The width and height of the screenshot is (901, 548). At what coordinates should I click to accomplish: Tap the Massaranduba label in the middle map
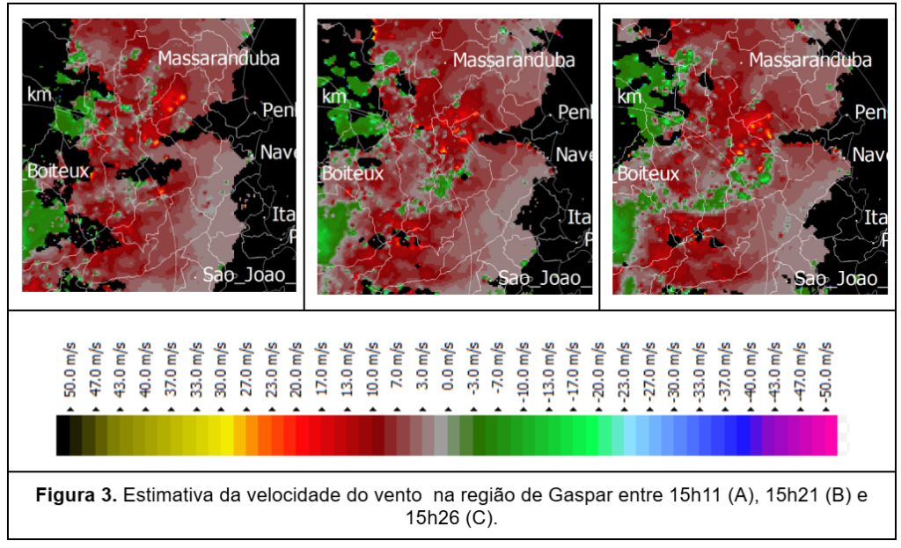pyautogui.click(x=514, y=61)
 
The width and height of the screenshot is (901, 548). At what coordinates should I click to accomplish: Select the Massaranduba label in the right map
pyautogui.click(x=810, y=61)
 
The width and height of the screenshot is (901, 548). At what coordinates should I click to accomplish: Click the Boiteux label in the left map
pyautogui.click(x=58, y=172)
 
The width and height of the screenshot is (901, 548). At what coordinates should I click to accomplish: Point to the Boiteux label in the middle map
pyautogui.click(x=353, y=173)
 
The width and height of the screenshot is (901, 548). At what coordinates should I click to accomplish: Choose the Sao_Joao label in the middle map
pyautogui.click(x=539, y=279)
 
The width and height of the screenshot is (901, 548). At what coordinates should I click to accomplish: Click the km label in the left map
pyautogui.click(x=38, y=94)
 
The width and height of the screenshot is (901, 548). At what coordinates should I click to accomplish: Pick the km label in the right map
pyautogui.click(x=629, y=96)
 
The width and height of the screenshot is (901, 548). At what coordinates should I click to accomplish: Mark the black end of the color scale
pyautogui.click(x=63, y=436)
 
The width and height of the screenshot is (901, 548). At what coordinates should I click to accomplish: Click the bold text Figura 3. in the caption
pyautogui.click(x=76, y=496)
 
